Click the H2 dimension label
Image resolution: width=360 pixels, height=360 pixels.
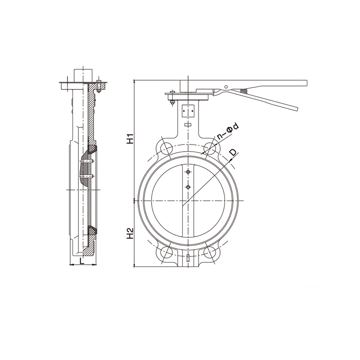tap(130, 233)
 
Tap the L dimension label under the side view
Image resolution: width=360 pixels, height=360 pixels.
tap(82, 261)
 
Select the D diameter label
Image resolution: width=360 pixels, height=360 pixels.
tap(234, 153)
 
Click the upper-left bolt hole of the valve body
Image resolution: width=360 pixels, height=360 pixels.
tap(166, 149)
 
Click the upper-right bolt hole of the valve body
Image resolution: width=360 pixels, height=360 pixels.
tap(210, 149)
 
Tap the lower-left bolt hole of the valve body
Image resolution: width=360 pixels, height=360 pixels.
tap(166, 253)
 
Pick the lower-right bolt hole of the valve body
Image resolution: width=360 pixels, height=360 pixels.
tap(210, 253)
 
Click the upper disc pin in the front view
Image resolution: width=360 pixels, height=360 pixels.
tap(188, 172)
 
